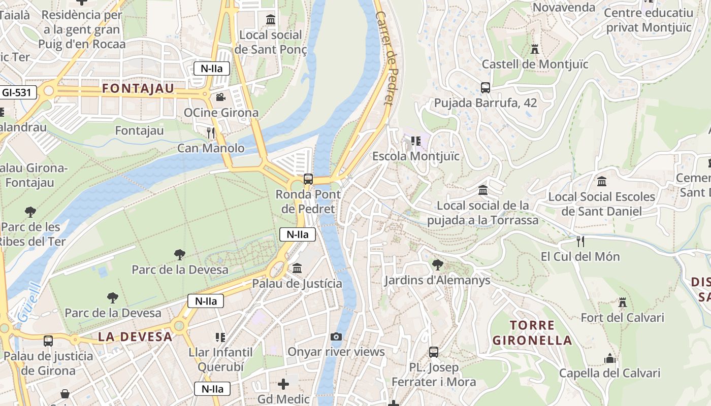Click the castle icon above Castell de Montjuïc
tap(534, 49)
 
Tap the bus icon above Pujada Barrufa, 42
tap(486, 88)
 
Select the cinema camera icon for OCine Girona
tap(220, 97)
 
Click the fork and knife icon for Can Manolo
tap(211, 133)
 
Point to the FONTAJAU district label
tap(138, 88)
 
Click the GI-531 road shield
tap(18, 92)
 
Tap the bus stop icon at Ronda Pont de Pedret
tap(308, 179)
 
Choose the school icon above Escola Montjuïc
tap(416, 141)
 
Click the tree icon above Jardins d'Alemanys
tap(437, 264)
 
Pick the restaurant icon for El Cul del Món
tap(580, 241)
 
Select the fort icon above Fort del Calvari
tap(623, 302)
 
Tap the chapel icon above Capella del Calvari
tap(610, 358)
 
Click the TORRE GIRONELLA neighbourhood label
tap(532, 332)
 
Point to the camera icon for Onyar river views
tap(336, 336)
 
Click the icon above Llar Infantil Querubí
tap(220, 337)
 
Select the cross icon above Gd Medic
tap(283, 384)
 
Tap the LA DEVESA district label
tap(135, 336)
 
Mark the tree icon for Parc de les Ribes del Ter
tap(30, 212)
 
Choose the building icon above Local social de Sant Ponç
tap(271, 20)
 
